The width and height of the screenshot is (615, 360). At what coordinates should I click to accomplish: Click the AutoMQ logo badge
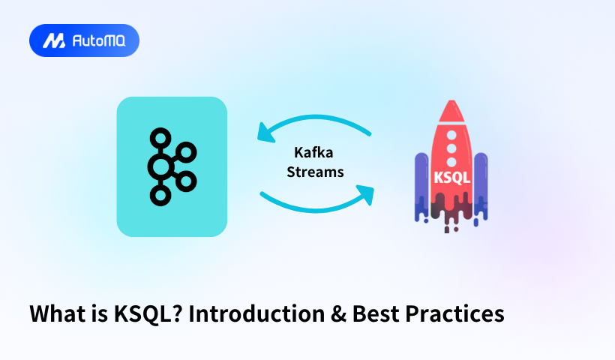point(84,40)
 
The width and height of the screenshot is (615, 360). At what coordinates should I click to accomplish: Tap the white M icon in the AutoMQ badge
point(54,40)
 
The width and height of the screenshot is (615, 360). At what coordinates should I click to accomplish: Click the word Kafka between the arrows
point(313,152)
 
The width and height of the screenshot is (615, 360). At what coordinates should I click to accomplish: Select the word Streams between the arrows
point(315,172)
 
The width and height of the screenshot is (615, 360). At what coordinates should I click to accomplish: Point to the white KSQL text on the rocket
point(451,178)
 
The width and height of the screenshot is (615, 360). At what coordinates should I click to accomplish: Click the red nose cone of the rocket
point(451,110)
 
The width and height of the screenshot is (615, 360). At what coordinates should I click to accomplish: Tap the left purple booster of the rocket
point(421,184)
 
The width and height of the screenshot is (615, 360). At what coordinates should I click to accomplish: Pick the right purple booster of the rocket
point(481,184)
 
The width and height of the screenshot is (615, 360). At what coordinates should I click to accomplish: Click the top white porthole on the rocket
point(451,135)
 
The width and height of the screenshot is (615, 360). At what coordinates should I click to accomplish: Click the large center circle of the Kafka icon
point(160,167)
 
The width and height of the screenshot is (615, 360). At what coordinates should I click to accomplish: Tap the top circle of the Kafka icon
point(160,138)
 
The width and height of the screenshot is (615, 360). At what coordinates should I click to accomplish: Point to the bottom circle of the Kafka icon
point(160,195)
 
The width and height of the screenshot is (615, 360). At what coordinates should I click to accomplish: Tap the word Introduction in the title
point(257,313)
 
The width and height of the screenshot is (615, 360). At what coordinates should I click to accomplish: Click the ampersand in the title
point(338,314)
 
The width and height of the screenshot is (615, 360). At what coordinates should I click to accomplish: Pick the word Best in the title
point(376,313)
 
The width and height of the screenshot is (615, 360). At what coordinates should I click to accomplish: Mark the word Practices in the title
point(455,313)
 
